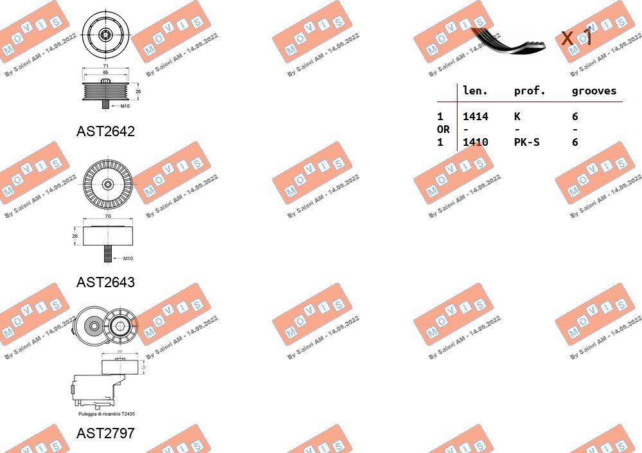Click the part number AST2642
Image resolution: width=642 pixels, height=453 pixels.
click(105, 132)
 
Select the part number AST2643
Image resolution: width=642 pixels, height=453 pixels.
click(105, 282)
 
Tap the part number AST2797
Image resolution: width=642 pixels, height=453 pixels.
click(105, 433)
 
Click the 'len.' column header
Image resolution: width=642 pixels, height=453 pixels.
click(476, 91)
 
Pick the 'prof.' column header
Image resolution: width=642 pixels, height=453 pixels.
click(530, 91)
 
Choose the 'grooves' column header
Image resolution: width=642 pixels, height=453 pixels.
click(594, 91)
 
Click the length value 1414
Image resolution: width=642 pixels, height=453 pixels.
click(476, 116)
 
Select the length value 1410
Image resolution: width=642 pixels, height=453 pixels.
click(476, 142)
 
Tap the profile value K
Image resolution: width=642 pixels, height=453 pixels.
click(517, 116)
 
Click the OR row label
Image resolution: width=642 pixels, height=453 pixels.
click(443, 129)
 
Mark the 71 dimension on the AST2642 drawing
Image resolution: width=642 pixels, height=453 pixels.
click(106, 66)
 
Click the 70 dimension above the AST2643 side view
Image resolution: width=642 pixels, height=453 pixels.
click(107, 217)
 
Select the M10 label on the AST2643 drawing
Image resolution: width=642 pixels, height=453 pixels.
click(127, 258)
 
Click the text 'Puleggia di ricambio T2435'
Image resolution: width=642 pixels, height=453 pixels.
click(107, 414)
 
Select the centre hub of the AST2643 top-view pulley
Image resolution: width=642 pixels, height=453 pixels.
click(107, 184)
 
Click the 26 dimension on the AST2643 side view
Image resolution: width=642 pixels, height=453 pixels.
click(75, 236)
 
